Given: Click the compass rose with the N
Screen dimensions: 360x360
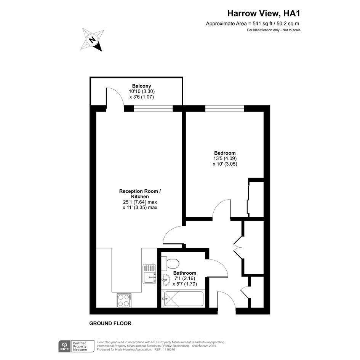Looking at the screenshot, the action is (92, 40).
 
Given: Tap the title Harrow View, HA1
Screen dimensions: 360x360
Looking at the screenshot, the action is (264, 13).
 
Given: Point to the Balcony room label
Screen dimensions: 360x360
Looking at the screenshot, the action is (141, 86).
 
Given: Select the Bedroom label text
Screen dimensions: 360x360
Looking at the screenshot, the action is (225, 153).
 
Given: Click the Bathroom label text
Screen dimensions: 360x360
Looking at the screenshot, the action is (185, 273).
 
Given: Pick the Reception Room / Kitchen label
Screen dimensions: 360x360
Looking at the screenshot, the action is (140, 194).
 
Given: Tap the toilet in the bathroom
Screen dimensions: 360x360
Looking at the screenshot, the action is (170, 264).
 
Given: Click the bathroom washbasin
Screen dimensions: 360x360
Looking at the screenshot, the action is (165, 280).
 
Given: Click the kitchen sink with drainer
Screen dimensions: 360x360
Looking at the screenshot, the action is (149, 274).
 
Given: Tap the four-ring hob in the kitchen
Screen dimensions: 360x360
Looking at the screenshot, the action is (124, 300).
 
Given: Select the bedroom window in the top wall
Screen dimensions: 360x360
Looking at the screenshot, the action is (224, 108).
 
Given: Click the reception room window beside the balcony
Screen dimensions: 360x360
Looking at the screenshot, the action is (153, 108).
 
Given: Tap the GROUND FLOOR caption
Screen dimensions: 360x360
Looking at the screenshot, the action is (110, 323).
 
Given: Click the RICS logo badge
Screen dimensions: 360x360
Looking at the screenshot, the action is (64, 346).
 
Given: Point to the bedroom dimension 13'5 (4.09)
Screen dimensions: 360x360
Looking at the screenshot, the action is (225, 158).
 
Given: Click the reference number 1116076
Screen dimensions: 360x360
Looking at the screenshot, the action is (169, 350).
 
